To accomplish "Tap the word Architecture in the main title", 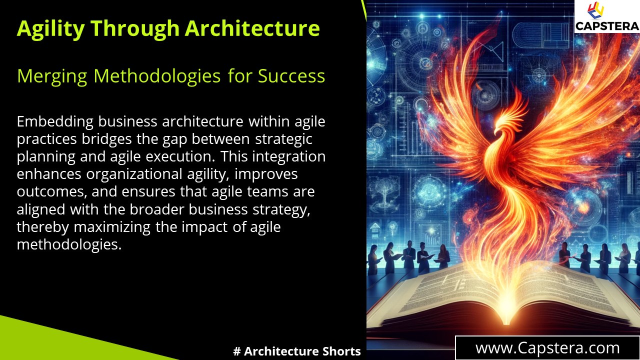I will pos(252,28).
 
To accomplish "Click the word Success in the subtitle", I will pos(291,76).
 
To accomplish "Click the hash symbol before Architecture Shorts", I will pos(237,351).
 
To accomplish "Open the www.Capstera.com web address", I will pos(547,348).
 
